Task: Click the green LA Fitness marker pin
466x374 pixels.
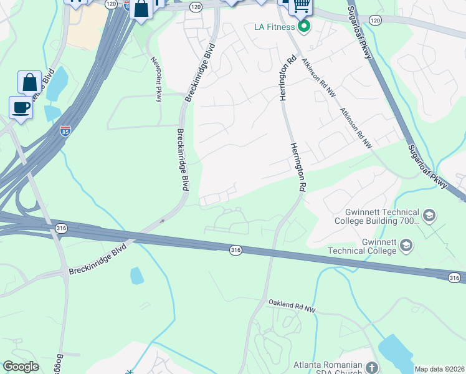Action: point(304,26)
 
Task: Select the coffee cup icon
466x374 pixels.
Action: point(21,107)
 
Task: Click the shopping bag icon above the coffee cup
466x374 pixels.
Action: point(29,82)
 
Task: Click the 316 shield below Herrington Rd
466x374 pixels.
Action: point(235,249)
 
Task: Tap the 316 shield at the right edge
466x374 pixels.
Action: point(455,277)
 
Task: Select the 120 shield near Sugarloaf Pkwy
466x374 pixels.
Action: point(374,21)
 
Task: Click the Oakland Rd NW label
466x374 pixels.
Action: point(292,304)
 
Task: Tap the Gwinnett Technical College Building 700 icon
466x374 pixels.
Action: point(429,216)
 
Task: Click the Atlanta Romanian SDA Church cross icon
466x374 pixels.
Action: point(372,368)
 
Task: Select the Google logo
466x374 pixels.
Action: point(21,367)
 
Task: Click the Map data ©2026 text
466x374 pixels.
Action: point(439,369)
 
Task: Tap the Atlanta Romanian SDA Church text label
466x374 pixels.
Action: point(328,368)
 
